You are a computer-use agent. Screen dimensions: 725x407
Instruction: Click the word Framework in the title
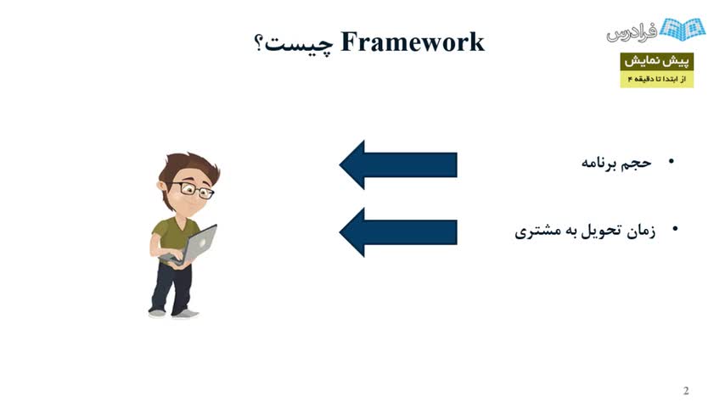click(x=413, y=42)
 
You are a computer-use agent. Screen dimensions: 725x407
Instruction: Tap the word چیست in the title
click(x=298, y=44)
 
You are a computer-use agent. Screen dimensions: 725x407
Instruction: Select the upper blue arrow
click(x=398, y=164)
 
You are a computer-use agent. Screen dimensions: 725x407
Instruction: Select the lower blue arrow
click(x=398, y=232)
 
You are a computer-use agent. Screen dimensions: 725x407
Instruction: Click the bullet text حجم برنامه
click(x=616, y=163)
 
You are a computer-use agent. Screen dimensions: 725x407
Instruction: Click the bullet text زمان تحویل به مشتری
click(x=585, y=231)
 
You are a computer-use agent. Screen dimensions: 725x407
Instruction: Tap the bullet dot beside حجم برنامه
click(x=672, y=161)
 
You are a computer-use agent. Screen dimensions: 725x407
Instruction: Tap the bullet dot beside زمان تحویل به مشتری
click(x=675, y=228)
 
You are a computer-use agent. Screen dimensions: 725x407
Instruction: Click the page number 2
click(x=686, y=391)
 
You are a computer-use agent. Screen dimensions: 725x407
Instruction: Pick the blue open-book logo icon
click(x=683, y=29)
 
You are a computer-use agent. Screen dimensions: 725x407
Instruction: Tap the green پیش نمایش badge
click(x=656, y=61)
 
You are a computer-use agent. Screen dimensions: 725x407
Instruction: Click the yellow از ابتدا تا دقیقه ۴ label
click(x=656, y=80)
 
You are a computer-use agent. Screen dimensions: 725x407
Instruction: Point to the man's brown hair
click(x=188, y=169)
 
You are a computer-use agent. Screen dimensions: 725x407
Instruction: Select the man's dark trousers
click(x=171, y=287)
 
